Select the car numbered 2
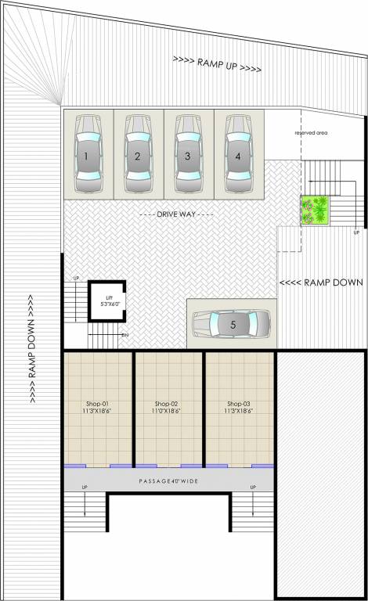(x=138, y=155)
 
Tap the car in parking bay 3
(x=189, y=155)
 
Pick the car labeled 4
(x=239, y=155)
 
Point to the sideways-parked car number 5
(x=232, y=322)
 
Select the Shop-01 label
(x=99, y=404)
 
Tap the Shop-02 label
(x=168, y=404)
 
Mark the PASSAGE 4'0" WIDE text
(x=168, y=480)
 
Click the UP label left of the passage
(x=84, y=487)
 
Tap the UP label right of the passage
(x=252, y=487)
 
